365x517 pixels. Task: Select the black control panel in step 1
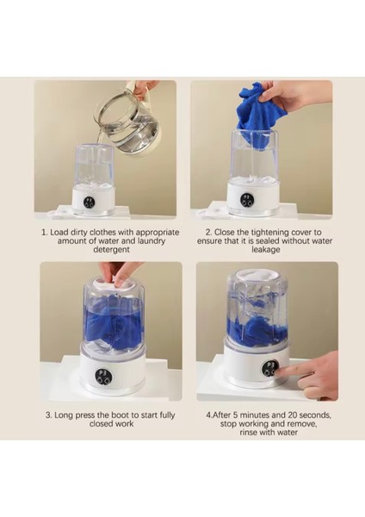tap(89, 202)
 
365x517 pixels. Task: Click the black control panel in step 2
tap(247, 200)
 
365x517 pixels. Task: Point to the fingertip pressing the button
tap(278, 371)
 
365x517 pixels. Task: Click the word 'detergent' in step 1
tap(111, 250)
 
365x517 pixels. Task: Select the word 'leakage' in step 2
tap(266, 250)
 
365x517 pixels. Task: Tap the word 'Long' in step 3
tap(64, 415)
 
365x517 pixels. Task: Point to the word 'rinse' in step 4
tap(248, 433)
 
